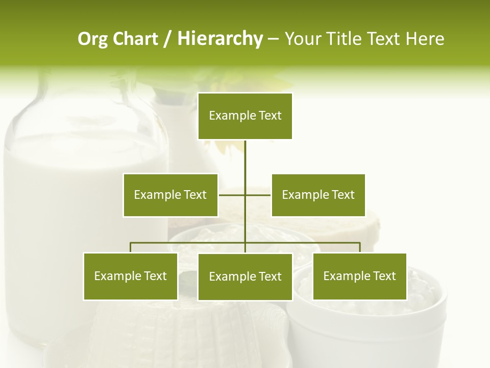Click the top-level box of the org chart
[x=245, y=116]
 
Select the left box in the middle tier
[x=170, y=195]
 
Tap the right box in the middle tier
[x=318, y=195]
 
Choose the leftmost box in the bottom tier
[x=131, y=277]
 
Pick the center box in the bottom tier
[x=245, y=277]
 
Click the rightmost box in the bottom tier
[x=359, y=277]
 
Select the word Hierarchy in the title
[x=220, y=39]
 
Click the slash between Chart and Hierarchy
[x=167, y=39]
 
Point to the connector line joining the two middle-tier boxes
[x=258, y=195]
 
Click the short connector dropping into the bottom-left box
[x=131, y=248]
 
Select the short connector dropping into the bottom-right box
[x=360, y=248]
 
